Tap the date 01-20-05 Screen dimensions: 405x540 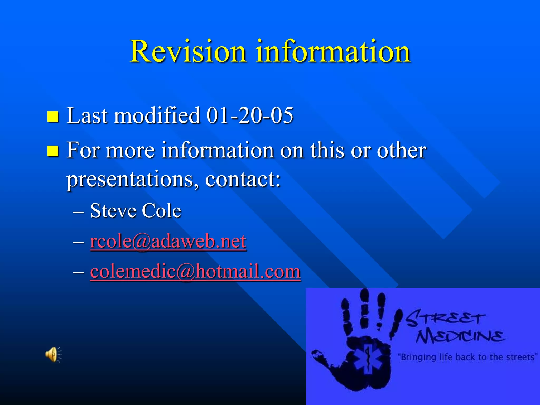[x=250, y=115]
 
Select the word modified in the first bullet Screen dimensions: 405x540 [x=157, y=115]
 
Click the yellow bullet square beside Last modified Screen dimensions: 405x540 [x=53, y=116]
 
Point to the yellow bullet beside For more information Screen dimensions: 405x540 [x=53, y=151]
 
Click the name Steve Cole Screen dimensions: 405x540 [x=136, y=211]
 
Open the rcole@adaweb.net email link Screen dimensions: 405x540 [x=168, y=241]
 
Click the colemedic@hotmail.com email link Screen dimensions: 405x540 [x=195, y=271]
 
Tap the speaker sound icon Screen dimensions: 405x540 [x=53, y=354]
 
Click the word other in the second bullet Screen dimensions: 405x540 [x=401, y=150]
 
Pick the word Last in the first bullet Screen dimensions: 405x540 [x=87, y=115]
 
